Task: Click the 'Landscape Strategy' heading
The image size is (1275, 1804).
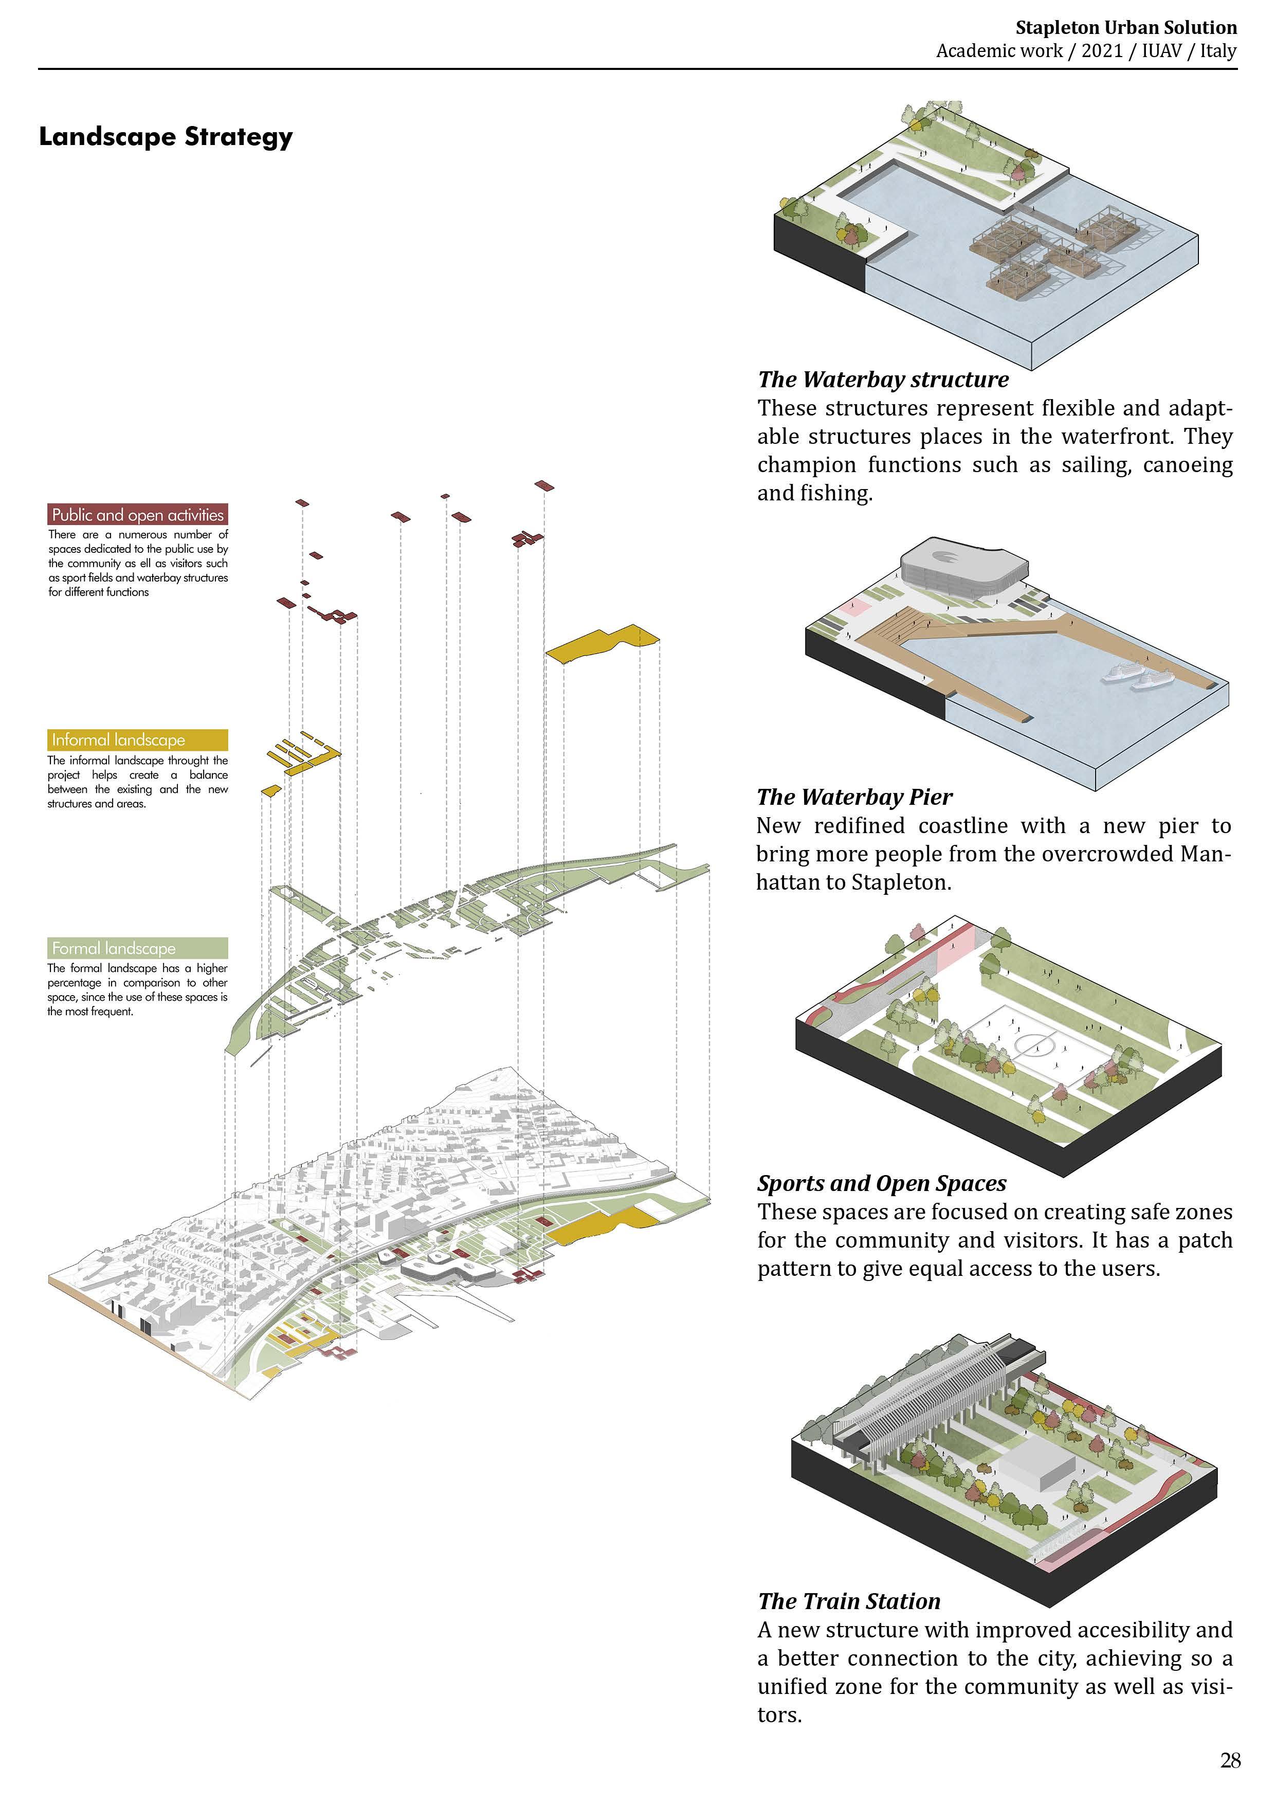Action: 166,137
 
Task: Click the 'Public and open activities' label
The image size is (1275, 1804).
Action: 137,515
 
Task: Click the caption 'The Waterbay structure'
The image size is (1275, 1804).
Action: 883,380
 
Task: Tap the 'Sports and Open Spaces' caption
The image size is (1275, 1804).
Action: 881,1183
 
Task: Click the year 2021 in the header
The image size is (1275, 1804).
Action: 1102,51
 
